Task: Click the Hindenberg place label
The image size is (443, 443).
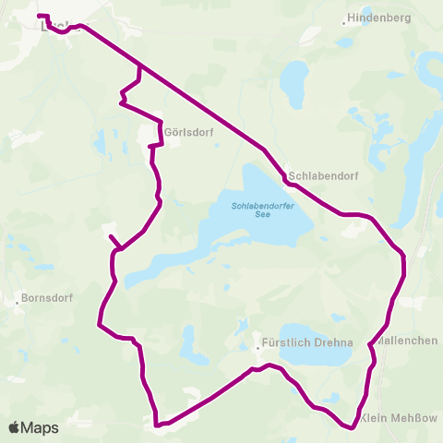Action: pos(379,18)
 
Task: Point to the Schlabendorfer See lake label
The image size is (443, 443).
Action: pos(263,210)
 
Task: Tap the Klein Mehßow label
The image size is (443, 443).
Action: pos(401,418)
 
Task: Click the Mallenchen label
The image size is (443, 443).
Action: pos(409,341)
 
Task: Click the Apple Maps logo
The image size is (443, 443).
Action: pos(33,427)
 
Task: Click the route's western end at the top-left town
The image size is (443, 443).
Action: pos(39,16)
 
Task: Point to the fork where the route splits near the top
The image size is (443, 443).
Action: pos(139,66)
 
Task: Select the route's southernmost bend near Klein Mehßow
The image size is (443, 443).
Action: pos(351,426)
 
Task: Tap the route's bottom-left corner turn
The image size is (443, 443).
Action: pos(158,425)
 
